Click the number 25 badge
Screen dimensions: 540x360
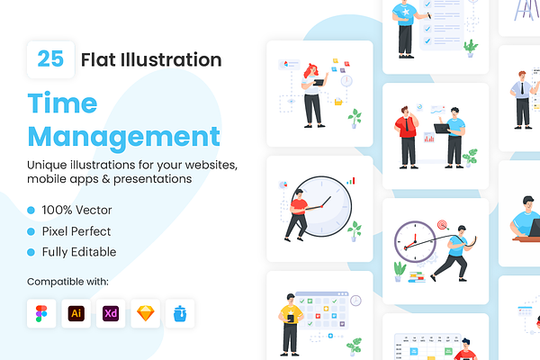pos(50,59)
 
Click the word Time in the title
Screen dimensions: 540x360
pos(62,103)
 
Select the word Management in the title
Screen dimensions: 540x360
pos(123,138)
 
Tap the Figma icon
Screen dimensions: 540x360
pos(41,313)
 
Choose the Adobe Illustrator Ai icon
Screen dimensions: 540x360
pos(76,313)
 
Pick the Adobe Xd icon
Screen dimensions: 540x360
pos(111,313)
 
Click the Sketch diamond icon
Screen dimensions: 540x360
pos(145,313)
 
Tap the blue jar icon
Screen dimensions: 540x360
pos(180,313)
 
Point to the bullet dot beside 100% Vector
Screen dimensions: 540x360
pos(31,210)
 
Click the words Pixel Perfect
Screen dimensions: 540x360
pos(76,231)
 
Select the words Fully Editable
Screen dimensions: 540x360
pos(79,252)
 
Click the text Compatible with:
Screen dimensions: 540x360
pos(67,282)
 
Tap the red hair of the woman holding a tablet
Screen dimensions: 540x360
pos(310,70)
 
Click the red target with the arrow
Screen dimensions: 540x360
pos(443,225)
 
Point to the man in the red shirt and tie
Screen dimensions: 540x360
pos(407,138)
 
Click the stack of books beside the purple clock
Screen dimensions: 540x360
pos(417,277)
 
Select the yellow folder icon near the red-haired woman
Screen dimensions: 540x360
pos(338,102)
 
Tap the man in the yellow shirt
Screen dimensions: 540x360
pos(291,325)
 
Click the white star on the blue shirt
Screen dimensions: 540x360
pos(406,12)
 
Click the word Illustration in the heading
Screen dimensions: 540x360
pos(171,59)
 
